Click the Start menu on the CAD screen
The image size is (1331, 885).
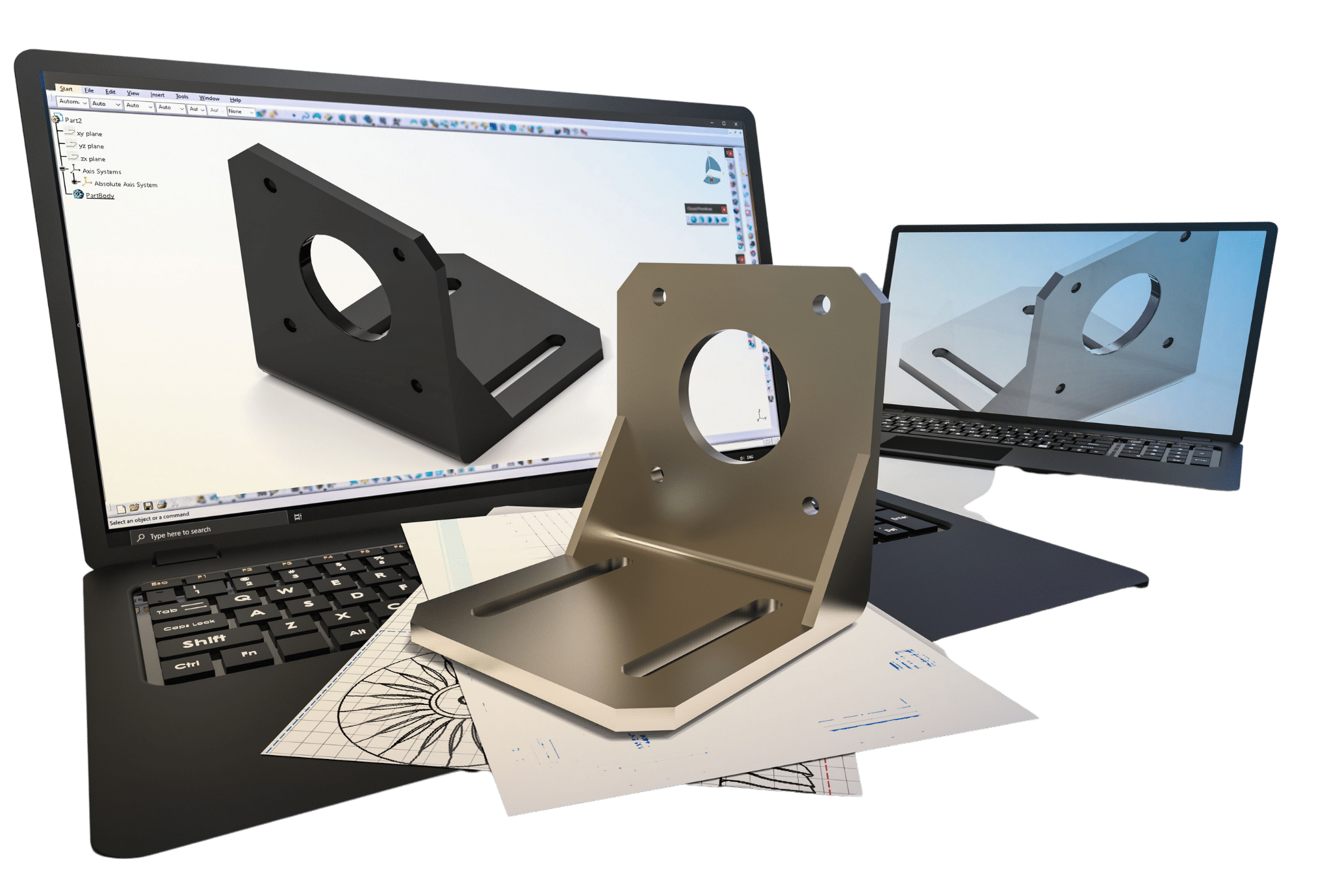click(x=66, y=89)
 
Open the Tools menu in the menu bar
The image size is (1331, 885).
click(x=182, y=96)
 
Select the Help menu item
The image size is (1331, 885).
click(x=235, y=100)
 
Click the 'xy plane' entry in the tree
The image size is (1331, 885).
click(x=89, y=134)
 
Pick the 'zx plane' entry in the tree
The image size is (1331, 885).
click(x=92, y=159)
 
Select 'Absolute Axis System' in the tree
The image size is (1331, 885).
click(x=125, y=185)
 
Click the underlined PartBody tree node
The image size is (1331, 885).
click(x=99, y=196)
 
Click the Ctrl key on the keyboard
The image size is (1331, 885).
click(x=187, y=665)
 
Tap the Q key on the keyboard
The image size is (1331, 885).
click(x=243, y=598)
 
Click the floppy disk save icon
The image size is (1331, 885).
click(x=148, y=506)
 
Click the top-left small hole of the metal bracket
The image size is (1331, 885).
click(x=658, y=297)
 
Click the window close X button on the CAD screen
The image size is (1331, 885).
click(x=736, y=123)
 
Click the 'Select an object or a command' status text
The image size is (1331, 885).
click(x=149, y=519)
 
